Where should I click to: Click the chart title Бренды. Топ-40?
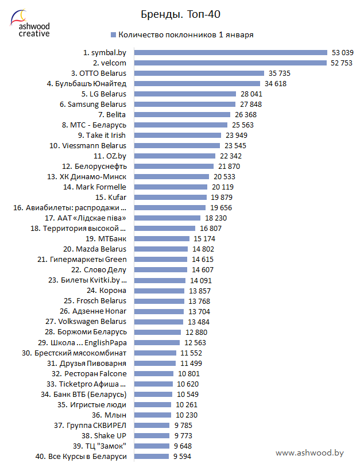click(x=180, y=13)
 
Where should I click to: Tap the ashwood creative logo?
click(x=30, y=24)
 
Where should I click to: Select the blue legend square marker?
click(x=113, y=34)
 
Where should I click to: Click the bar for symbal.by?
click(x=230, y=52)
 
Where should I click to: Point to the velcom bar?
click(x=229, y=63)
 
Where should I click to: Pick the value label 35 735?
click(x=279, y=73)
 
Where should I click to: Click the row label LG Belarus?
click(x=104, y=94)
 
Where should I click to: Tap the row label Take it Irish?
click(x=102, y=135)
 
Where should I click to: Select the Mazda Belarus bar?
click(x=160, y=249)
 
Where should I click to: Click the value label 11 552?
click(x=192, y=353)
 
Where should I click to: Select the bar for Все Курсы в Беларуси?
click(x=150, y=456)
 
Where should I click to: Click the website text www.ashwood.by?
click(x=309, y=453)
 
